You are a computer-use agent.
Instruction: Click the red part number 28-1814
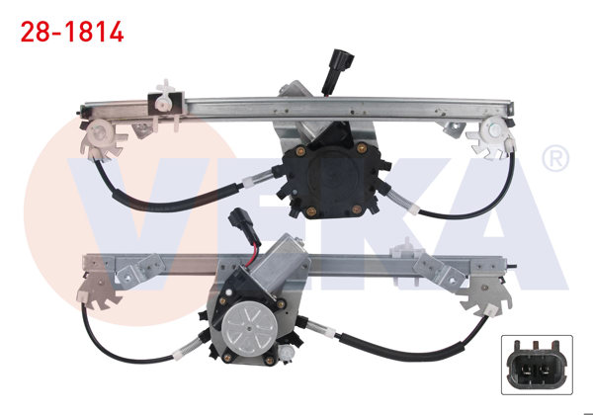tap(72, 32)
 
